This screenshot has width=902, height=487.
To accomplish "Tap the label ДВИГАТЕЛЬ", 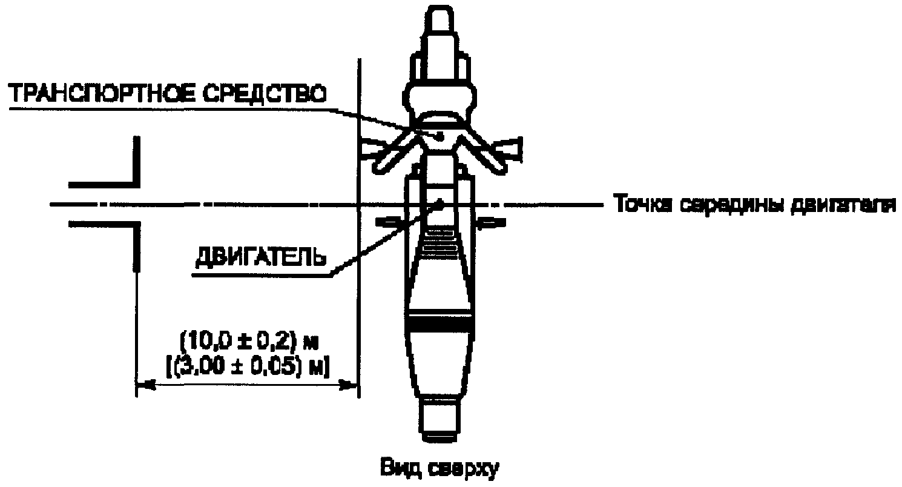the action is (260, 258).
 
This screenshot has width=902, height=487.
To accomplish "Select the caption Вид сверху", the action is (439, 469).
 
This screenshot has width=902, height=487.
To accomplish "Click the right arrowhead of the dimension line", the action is (348, 385).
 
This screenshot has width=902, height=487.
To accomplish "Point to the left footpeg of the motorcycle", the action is (387, 222).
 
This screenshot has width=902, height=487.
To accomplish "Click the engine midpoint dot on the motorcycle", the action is (440, 205).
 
